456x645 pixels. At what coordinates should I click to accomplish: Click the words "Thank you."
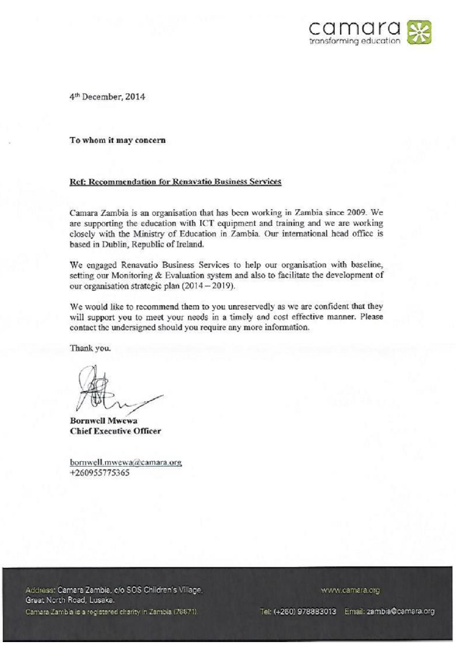[91, 347]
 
